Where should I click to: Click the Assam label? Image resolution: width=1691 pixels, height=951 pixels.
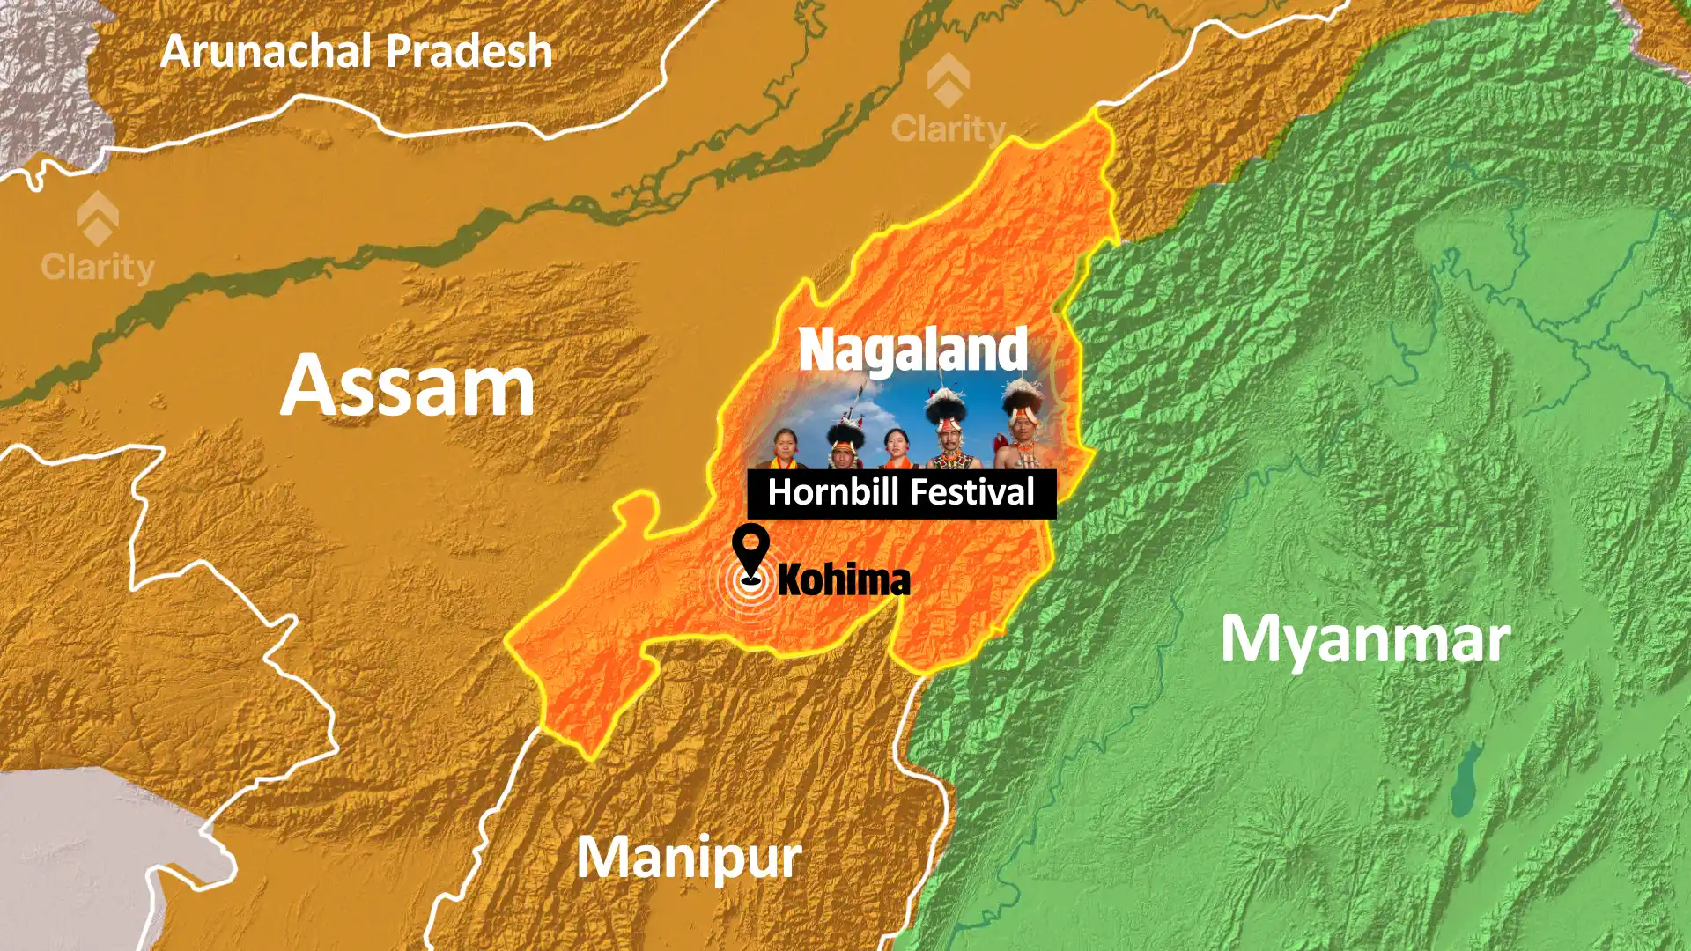(408, 386)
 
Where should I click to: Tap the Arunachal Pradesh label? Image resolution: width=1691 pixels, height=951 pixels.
(356, 51)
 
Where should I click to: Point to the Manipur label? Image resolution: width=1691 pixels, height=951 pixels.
(689, 857)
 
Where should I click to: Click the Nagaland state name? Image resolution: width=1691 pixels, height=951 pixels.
(913, 350)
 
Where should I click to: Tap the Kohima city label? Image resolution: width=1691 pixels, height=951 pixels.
(843, 579)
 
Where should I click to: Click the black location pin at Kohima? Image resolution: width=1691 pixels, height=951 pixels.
(750, 550)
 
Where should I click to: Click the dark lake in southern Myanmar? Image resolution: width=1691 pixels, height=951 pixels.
(1466, 779)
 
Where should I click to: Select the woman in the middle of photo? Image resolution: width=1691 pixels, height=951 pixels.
(896, 444)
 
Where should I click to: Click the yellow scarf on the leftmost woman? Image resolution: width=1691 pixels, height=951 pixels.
(785, 463)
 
